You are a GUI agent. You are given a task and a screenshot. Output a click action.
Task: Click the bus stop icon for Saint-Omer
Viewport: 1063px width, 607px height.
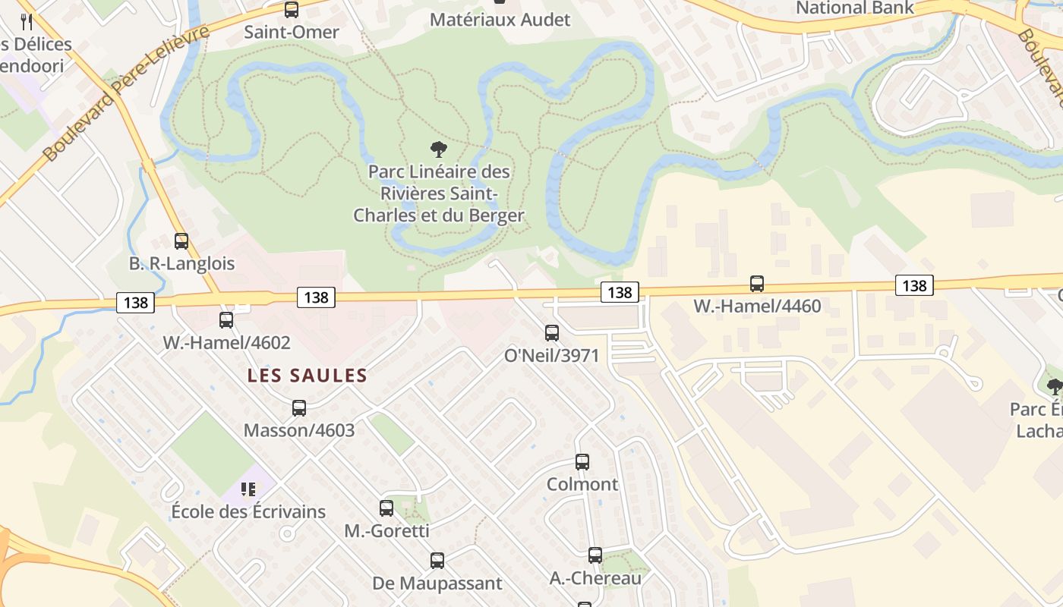(292, 10)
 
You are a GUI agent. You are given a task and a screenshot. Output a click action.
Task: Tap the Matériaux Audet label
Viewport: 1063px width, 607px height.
(500, 19)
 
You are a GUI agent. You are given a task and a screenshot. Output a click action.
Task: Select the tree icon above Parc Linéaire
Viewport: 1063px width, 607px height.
(438, 149)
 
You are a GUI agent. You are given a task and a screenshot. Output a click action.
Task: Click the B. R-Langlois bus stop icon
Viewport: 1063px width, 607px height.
(181, 241)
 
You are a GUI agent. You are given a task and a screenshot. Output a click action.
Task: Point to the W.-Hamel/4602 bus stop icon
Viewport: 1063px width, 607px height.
(226, 320)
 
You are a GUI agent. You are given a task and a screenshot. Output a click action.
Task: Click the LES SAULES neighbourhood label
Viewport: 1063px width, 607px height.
(308, 376)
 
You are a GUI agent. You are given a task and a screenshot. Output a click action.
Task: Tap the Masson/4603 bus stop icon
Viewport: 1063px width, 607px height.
(299, 408)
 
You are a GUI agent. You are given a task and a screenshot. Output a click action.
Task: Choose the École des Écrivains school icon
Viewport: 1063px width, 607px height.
(248, 489)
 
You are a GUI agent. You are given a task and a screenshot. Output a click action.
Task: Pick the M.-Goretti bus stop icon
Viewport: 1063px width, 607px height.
(386, 508)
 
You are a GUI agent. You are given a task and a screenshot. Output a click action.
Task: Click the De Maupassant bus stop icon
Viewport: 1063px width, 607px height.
(437, 561)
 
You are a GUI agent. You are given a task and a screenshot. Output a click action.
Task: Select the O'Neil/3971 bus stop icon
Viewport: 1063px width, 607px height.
(552, 332)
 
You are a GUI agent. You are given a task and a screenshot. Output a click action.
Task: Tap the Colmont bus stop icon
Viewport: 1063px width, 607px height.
(582, 461)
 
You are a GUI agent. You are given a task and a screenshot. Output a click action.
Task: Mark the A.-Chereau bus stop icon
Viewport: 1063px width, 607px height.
(595, 555)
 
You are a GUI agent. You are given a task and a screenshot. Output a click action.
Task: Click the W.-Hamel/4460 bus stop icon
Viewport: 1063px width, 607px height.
(757, 284)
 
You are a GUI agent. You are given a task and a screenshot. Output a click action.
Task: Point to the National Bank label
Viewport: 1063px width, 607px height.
(855, 8)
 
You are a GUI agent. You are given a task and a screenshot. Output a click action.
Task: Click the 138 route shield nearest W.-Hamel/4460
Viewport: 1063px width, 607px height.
(914, 285)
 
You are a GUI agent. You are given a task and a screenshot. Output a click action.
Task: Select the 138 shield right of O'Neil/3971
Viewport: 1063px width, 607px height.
(620, 292)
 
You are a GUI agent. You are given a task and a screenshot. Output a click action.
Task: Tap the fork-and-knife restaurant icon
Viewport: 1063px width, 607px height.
(27, 21)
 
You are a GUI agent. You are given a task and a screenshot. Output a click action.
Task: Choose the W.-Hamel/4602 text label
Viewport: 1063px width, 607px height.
(226, 343)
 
